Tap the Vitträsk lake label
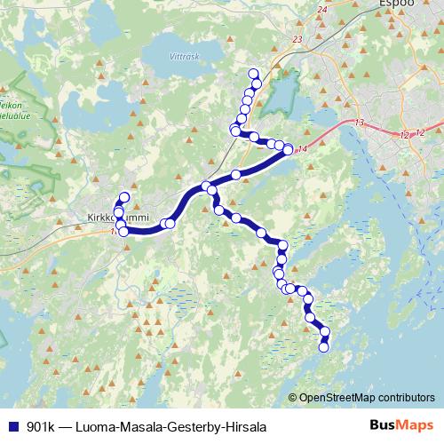(181, 55)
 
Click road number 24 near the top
(321, 10)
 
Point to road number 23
(296, 40)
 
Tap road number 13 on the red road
(360, 121)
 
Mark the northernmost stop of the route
(253, 74)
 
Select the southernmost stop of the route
(323, 347)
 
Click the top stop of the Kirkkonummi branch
(124, 197)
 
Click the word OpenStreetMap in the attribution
(341, 398)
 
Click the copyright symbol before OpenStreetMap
(293, 398)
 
